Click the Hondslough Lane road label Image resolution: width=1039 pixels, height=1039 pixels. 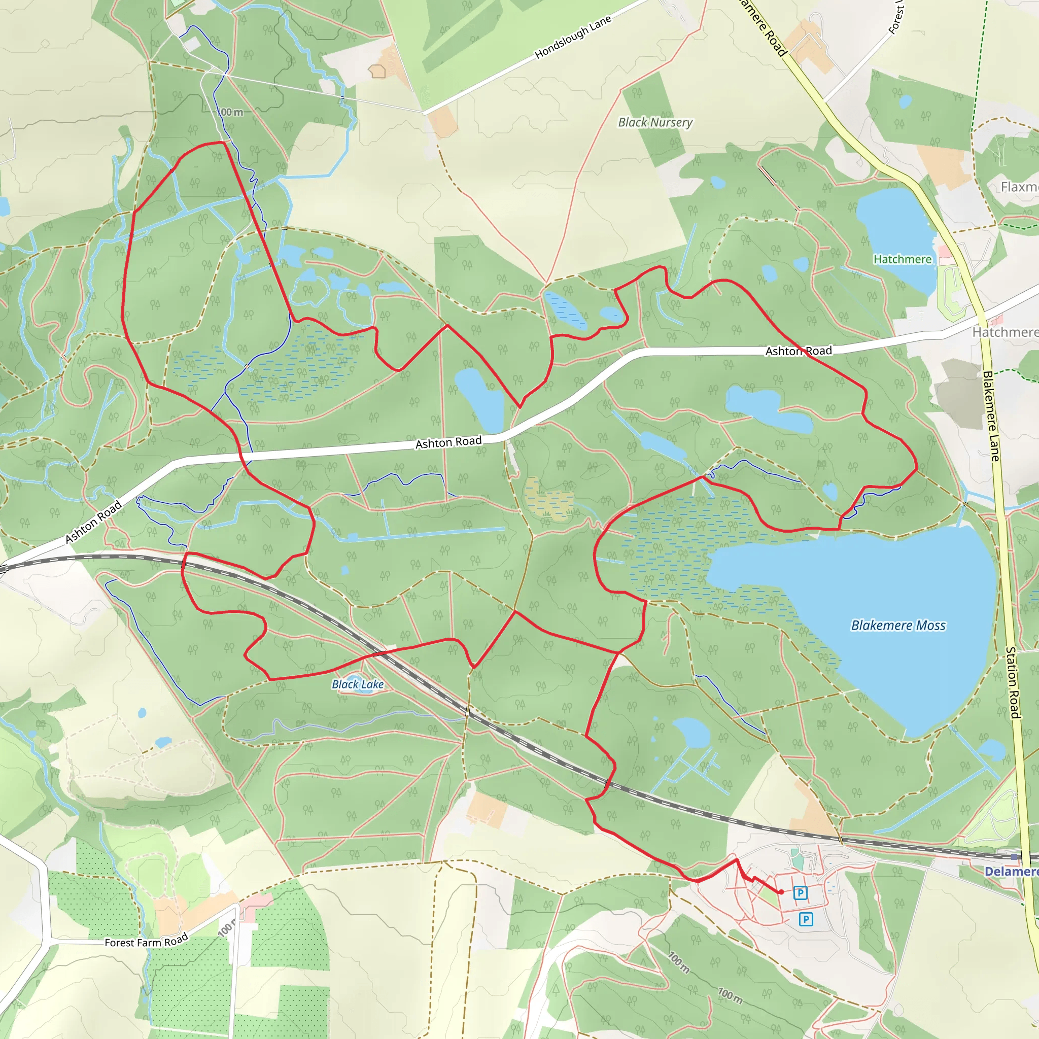click(x=573, y=37)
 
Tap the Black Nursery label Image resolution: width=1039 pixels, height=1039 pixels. click(x=655, y=123)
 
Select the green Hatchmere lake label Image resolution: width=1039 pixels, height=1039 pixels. click(x=902, y=259)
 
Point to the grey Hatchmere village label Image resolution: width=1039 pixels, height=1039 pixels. click(x=1005, y=332)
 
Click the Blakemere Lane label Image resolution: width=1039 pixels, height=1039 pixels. click(x=991, y=415)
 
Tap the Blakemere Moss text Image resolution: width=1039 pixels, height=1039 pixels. click(x=897, y=626)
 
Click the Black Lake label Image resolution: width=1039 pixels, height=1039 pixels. click(x=358, y=684)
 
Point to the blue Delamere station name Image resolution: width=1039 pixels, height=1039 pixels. click(x=1011, y=871)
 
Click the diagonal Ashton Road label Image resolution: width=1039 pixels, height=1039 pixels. click(x=93, y=522)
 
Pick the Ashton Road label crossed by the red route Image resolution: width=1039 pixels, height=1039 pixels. click(x=799, y=351)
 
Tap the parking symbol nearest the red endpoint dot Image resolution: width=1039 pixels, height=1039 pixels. click(x=800, y=893)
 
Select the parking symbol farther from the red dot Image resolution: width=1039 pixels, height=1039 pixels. click(x=806, y=919)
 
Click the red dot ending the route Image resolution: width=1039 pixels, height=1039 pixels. click(x=781, y=892)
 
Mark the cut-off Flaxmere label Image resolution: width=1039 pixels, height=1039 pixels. click(x=1019, y=187)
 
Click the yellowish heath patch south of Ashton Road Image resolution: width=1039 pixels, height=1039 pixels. click(x=548, y=500)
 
